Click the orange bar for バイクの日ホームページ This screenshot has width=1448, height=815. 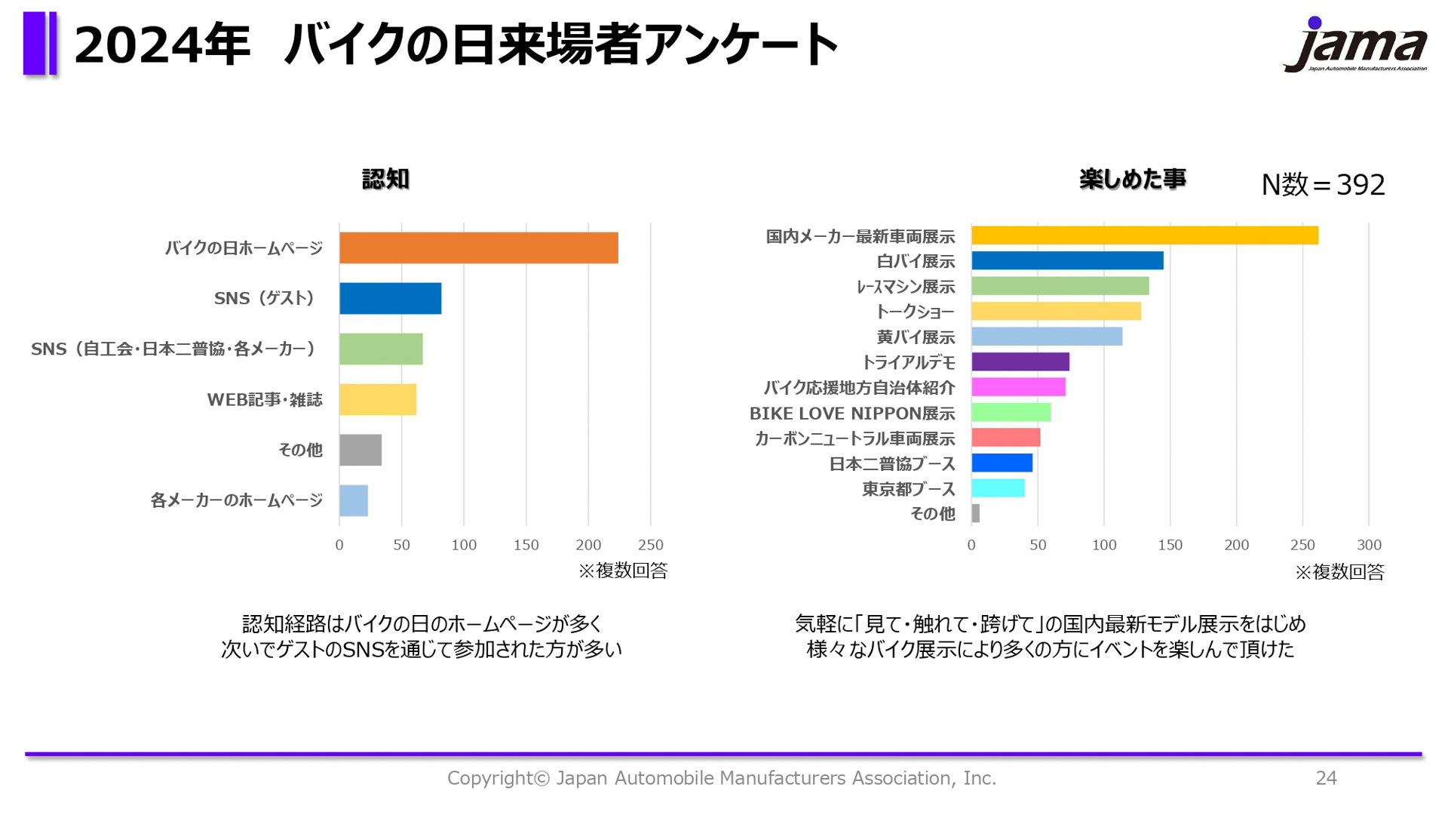(478, 248)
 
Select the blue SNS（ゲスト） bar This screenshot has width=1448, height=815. (390, 299)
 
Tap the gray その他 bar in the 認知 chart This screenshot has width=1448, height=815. (360, 451)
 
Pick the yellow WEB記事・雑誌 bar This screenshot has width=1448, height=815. (377, 400)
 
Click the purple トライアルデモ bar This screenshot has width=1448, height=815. (1020, 362)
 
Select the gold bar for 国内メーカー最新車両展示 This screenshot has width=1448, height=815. (1144, 235)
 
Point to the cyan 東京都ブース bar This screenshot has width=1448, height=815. (997, 488)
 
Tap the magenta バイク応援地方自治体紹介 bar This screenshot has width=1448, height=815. (1018, 387)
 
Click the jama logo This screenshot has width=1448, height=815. (1355, 45)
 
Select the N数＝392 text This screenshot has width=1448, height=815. (1323, 185)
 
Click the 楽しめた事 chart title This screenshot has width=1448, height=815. (1132, 180)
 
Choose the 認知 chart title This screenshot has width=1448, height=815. (385, 180)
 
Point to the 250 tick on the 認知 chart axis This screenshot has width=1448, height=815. (650, 545)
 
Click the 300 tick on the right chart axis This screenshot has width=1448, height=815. (1369, 545)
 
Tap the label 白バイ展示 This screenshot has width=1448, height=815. (916, 262)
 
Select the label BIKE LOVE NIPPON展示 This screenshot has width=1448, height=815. (851, 414)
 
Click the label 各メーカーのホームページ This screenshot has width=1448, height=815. (236, 500)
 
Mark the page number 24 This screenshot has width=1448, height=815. (1326, 778)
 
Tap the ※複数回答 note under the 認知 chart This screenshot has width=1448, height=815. (623, 571)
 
